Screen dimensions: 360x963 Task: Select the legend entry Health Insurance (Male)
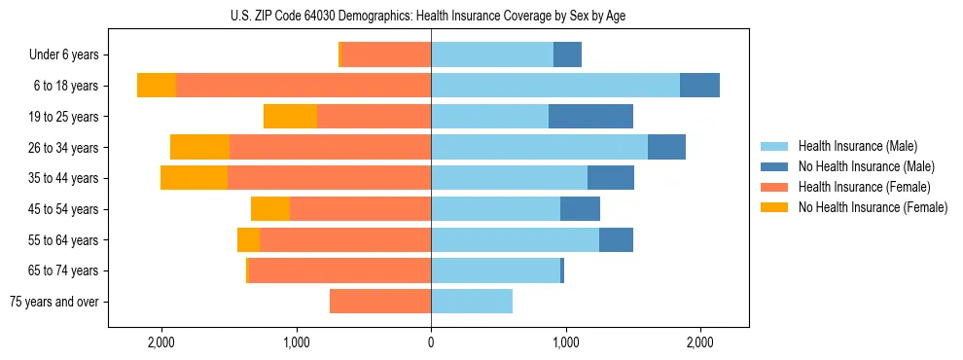click(x=857, y=146)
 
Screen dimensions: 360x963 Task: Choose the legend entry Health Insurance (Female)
click(x=864, y=187)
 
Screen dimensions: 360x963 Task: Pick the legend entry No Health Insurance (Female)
click(x=873, y=207)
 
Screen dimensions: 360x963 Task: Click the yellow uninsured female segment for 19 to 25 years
click(x=290, y=117)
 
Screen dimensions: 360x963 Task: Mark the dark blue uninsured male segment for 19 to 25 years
click(x=590, y=117)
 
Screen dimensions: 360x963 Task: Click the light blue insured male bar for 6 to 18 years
click(x=555, y=86)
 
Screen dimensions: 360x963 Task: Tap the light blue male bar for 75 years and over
click(x=472, y=302)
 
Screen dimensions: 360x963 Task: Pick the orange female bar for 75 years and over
click(x=380, y=302)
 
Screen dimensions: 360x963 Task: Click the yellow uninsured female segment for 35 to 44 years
click(x=194, y=178)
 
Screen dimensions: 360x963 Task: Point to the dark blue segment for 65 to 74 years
click(x=562, y=270)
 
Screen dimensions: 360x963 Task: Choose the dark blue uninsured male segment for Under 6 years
click(x=567, y=55)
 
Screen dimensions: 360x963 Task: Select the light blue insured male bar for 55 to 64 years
click(x=515, y=240)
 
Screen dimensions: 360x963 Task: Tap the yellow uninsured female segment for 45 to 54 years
click(x=270, y=209)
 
